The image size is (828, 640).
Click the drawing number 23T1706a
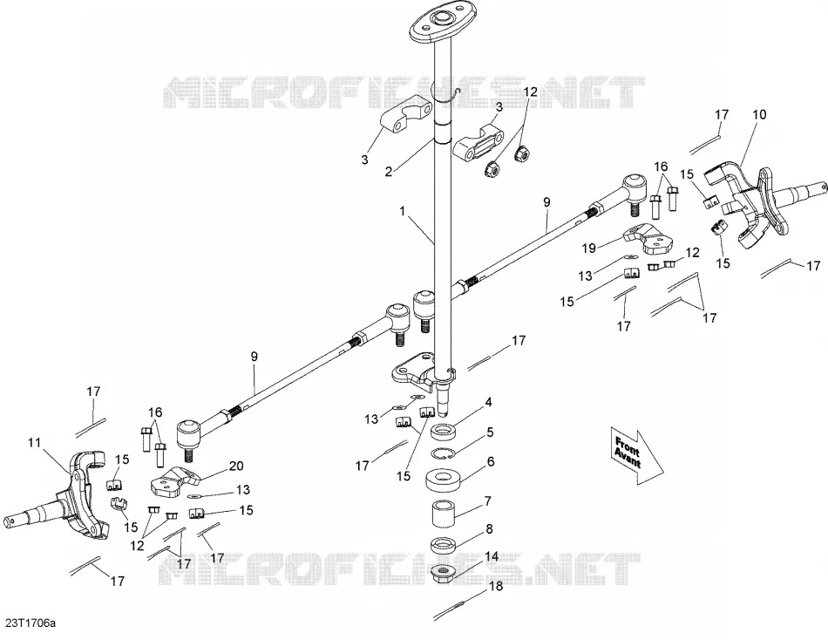click(31, 623)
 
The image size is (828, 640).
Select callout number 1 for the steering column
click(403, 211)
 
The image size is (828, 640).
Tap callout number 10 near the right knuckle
click(759, 114)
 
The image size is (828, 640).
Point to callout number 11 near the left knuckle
click(35, 442)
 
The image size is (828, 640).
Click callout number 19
click(589, 249)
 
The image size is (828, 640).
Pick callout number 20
click(236, 466)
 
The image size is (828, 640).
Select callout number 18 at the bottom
click(496, 586)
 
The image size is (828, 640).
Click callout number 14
click(492, 556)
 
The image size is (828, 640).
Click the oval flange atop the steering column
click(444, 23)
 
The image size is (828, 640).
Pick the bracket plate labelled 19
click(648, 239)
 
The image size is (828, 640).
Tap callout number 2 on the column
click(389, 172)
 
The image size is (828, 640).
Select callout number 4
click(488, 402)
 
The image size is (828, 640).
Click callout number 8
click(490, 528)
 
